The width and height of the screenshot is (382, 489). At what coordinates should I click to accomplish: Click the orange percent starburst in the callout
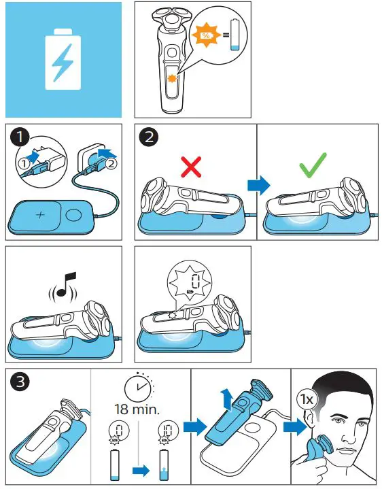205,33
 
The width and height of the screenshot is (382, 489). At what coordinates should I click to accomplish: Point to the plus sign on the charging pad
40,215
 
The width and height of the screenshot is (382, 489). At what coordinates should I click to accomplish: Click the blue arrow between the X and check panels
257,184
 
